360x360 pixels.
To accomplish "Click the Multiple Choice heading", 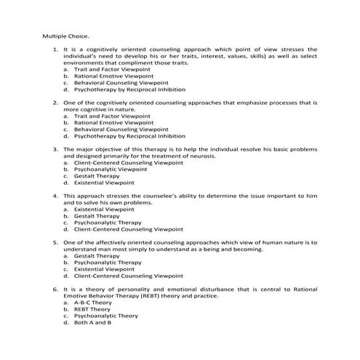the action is click(x=65, y=35).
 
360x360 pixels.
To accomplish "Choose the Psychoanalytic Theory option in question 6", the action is click(x=106, y=316).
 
